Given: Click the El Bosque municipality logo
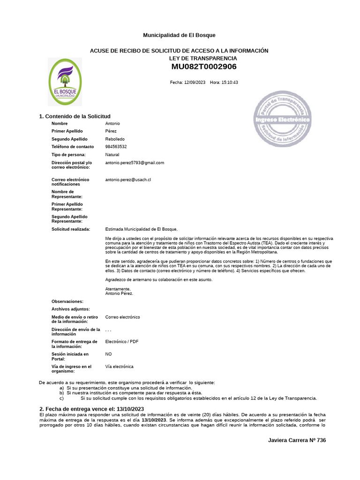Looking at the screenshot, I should (65, 82).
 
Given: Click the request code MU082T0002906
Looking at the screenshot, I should (204, 67).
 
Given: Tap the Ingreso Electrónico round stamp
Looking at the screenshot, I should (282, 119).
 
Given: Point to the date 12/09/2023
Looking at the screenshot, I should (195, 82).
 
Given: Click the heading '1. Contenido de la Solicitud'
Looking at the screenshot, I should (75, 116).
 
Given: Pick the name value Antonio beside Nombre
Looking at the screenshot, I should (112, 123).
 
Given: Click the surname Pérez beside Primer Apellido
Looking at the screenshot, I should (111, 131).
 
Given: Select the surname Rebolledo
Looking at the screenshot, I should (115, 139).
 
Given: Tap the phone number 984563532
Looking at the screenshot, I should (116, 147).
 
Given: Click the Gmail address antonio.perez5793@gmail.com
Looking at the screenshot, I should (135, 163).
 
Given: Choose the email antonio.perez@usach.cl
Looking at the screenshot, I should (128, 180).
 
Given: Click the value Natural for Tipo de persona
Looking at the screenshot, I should (112, 155).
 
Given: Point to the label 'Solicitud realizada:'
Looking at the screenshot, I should (71, 229).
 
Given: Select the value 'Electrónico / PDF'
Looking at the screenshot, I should (122, 342).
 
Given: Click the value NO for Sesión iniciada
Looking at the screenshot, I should (108, 354).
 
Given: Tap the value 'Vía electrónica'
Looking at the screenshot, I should (119, 367).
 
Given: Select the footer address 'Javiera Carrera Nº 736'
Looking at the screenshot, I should (297, 441).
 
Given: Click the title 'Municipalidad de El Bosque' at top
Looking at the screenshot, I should (179, 36).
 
